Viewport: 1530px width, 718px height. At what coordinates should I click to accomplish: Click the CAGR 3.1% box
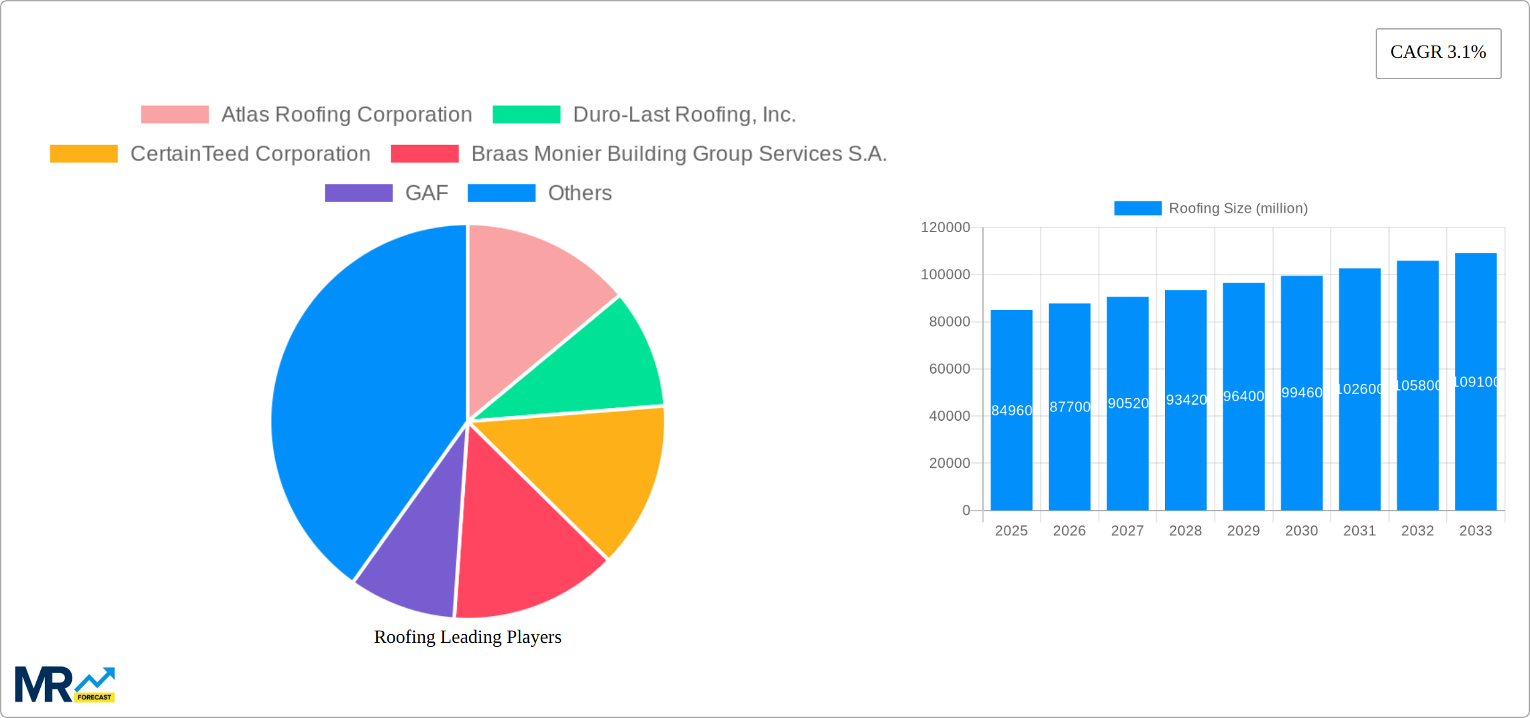point(1438,53)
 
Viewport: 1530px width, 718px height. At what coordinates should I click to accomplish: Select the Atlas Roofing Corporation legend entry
point(346,115)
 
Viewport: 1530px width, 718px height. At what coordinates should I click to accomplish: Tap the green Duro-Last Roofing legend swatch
point(526,115)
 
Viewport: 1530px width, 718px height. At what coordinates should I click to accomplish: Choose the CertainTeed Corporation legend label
point(250,154)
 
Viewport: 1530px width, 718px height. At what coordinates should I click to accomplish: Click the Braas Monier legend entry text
point(678,154)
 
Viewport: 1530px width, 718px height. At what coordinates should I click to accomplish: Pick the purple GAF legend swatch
point(358,193)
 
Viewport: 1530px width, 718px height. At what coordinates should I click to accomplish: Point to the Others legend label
point(580,193)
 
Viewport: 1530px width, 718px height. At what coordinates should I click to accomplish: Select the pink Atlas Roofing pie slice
point(530,302)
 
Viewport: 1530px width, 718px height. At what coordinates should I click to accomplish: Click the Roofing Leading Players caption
point(468,637)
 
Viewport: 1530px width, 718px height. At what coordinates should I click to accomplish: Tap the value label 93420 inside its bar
point(1186,400)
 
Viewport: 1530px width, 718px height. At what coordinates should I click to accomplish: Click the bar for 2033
point(1476,436)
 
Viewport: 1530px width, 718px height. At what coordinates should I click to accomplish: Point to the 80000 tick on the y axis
point(949,322)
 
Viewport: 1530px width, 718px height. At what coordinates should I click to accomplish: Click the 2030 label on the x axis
point(1301,531)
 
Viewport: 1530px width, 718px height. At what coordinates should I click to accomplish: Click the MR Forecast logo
point(65,684)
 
